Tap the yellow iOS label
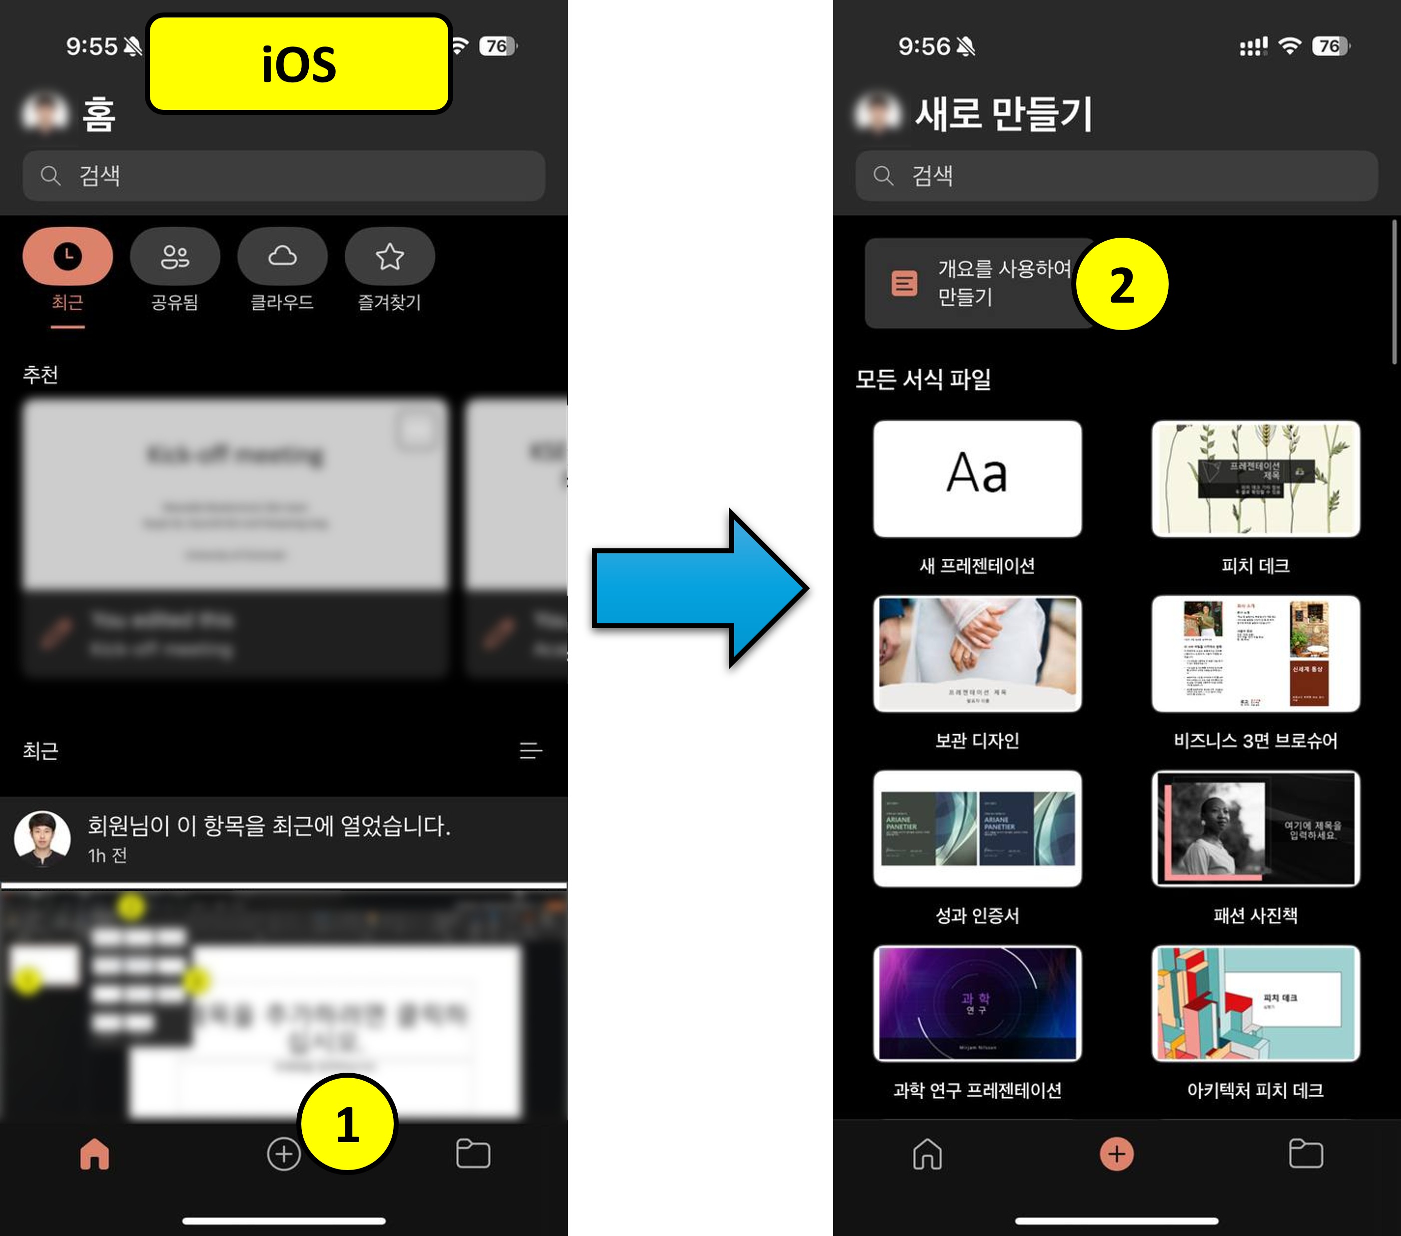coord(298,64)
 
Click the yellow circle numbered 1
coord(348,1124)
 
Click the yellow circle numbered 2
coord(1121,284)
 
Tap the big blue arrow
coord(699,588)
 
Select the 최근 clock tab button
coord(67,256)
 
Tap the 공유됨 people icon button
coord(175,256)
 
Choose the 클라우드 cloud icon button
coord(282,256)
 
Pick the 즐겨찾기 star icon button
coord(389,256)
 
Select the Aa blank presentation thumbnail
coord(977,478)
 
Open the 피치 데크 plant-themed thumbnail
coord(1256,478)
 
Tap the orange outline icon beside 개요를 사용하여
coord(904,282)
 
